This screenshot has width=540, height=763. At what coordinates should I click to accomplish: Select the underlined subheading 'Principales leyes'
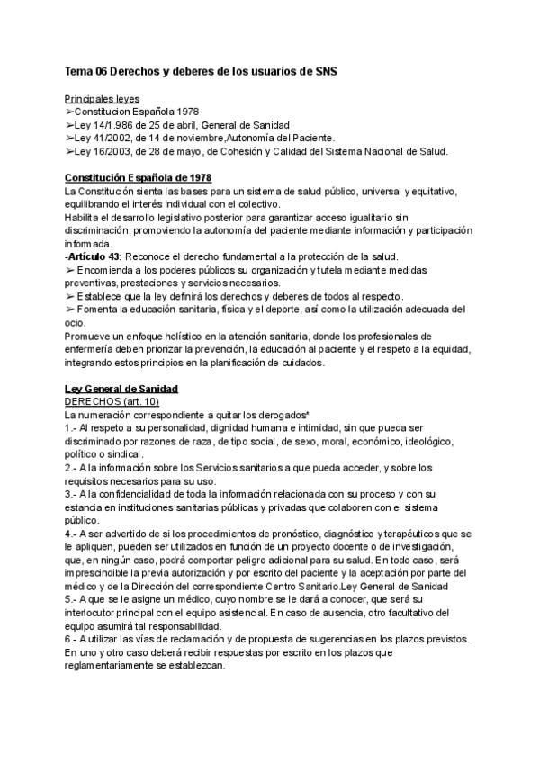click(102, 98)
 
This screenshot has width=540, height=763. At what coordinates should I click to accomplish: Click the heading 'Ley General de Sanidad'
click(121, 389)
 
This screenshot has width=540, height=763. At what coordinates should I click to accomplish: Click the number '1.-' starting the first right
click(72, 428)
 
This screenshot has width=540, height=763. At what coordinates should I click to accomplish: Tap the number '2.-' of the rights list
click(72, 467)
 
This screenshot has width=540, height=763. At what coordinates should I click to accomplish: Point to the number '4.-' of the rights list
click(72, 533)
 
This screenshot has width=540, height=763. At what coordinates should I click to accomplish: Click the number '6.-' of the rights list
click(72, 638)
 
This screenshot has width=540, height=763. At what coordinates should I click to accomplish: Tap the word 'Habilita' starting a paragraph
click(84, 217)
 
